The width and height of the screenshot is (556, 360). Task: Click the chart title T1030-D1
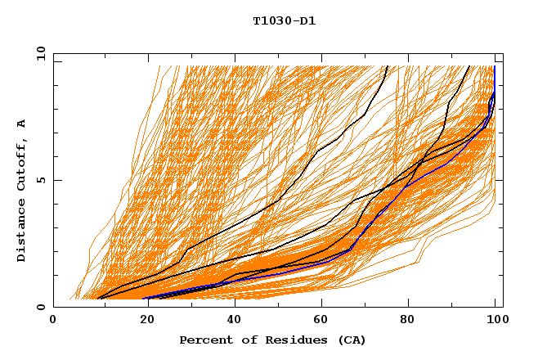(284, 20)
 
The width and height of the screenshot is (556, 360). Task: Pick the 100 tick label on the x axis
(495, 322)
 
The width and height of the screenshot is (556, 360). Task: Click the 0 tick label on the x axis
(54, 322)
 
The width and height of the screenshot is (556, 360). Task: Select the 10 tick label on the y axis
(40, 53)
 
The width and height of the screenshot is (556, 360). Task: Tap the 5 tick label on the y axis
(43, 180)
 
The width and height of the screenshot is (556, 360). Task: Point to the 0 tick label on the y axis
(43, 307)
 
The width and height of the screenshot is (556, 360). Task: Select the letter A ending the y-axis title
(22, 123)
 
